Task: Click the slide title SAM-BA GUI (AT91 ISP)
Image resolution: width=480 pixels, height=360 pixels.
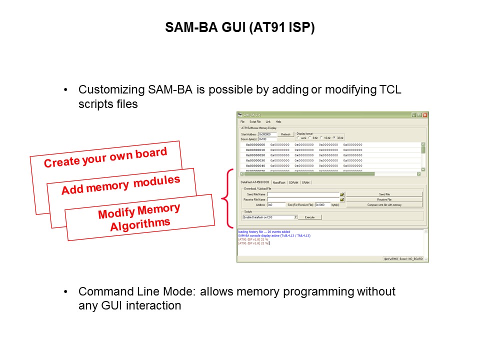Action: click(240, 28)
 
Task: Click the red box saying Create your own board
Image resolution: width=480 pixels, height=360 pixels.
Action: click(105, 158)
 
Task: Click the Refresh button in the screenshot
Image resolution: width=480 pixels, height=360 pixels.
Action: click(285, 134)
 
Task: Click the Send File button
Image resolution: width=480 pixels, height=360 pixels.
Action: click(384, 194)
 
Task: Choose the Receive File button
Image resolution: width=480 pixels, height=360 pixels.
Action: click(384, 199)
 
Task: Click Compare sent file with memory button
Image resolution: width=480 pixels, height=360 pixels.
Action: click(384, 205)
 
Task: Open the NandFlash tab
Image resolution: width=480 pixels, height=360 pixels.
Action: click(279, 182)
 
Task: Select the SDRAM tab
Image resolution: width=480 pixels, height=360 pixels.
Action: click(293, 182)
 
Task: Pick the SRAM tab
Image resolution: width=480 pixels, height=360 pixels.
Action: click(305, 182)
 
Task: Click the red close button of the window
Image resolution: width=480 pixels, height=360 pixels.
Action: click(425, 115)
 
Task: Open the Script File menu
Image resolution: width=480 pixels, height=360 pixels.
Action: click(255, 121)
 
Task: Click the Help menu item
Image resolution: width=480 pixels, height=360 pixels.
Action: click(278, 121)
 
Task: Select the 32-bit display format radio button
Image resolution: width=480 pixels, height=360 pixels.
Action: click(334, 138)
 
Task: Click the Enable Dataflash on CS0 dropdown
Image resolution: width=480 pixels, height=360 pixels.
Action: click(270, 217)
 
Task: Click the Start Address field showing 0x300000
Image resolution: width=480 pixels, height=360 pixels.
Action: click(267, 134)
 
